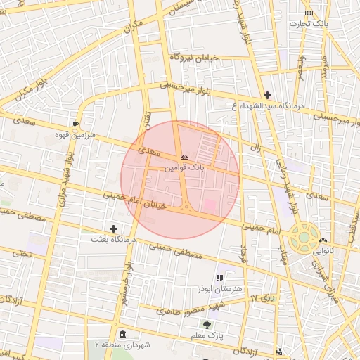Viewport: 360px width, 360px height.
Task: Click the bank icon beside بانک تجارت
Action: click(x=309, y=13)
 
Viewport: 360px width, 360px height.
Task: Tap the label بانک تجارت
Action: click(x=309, y=24)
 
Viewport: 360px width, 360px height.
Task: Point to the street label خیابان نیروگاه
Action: click(x=194, y=56)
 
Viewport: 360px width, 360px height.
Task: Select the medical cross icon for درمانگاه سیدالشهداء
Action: click(x=267, y=95)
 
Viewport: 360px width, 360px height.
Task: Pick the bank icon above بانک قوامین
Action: click(x=184, y=157)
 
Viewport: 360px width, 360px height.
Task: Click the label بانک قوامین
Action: click(x=184, y=168)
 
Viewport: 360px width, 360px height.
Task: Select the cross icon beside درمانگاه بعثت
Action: click(x=114, y=229)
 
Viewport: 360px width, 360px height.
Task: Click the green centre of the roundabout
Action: click(x=304, y=237)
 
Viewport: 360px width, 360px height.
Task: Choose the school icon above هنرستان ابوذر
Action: click(x=219, y=277)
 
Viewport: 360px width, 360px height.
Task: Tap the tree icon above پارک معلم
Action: click(x=207, y=325)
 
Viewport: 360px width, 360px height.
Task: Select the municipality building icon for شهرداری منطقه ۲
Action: click(x=123, y=333)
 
